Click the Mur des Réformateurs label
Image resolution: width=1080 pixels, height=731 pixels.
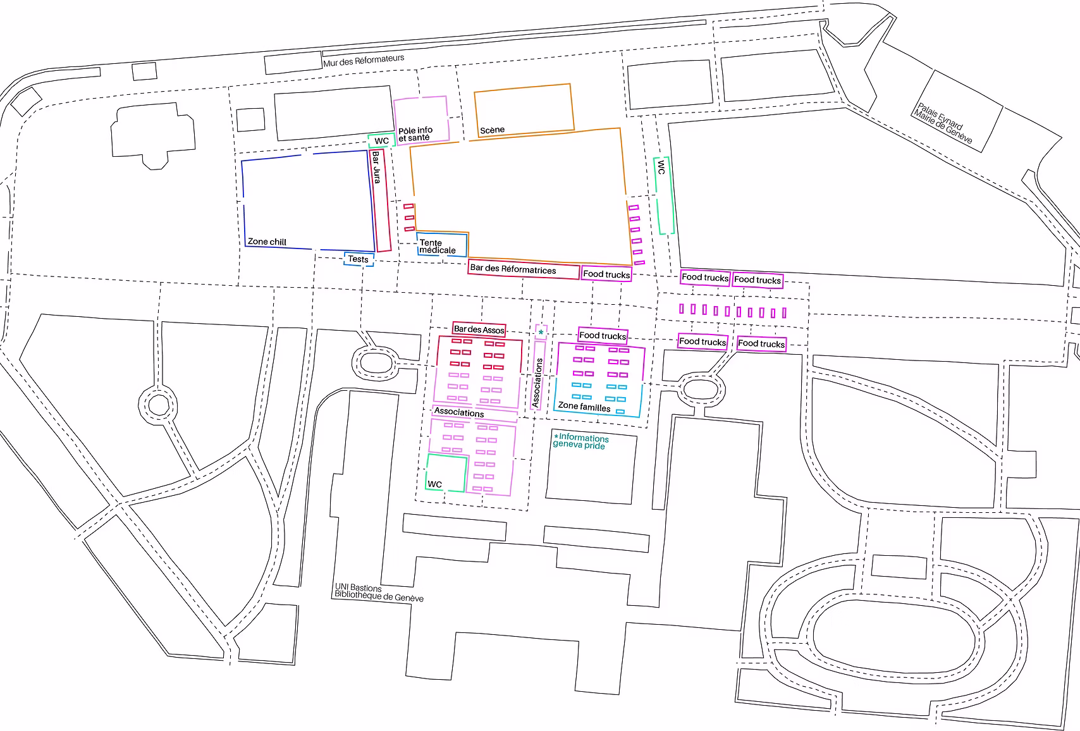[364, 60]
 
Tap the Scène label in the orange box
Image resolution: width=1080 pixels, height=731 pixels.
[493, 130]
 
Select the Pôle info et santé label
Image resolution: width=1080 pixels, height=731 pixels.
[415, 133]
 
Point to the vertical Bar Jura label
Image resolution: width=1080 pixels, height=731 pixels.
[376, 168]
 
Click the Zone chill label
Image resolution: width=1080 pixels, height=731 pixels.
[267, 242]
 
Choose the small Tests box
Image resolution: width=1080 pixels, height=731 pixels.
[359, 259]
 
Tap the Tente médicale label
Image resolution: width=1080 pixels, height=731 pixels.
[437, 247]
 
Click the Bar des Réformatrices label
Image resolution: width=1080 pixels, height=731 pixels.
[513, 269]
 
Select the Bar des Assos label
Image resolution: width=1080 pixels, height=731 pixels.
[479, 329]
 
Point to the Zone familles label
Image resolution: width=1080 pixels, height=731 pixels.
[584, 407]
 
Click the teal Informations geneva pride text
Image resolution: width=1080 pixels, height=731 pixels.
[580, 441]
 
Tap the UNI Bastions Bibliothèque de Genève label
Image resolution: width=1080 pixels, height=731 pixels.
[379, 593]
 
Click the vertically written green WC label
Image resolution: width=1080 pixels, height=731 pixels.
[661, 168]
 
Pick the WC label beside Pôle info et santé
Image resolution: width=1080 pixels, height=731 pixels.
[381, 141]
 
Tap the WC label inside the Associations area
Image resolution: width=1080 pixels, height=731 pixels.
[434, 484]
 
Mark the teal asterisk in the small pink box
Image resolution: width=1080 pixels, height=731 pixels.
[541, 332]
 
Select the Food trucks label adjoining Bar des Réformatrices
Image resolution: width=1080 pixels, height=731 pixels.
[606, 274]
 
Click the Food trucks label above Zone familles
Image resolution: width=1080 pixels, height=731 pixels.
[603, 335]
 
